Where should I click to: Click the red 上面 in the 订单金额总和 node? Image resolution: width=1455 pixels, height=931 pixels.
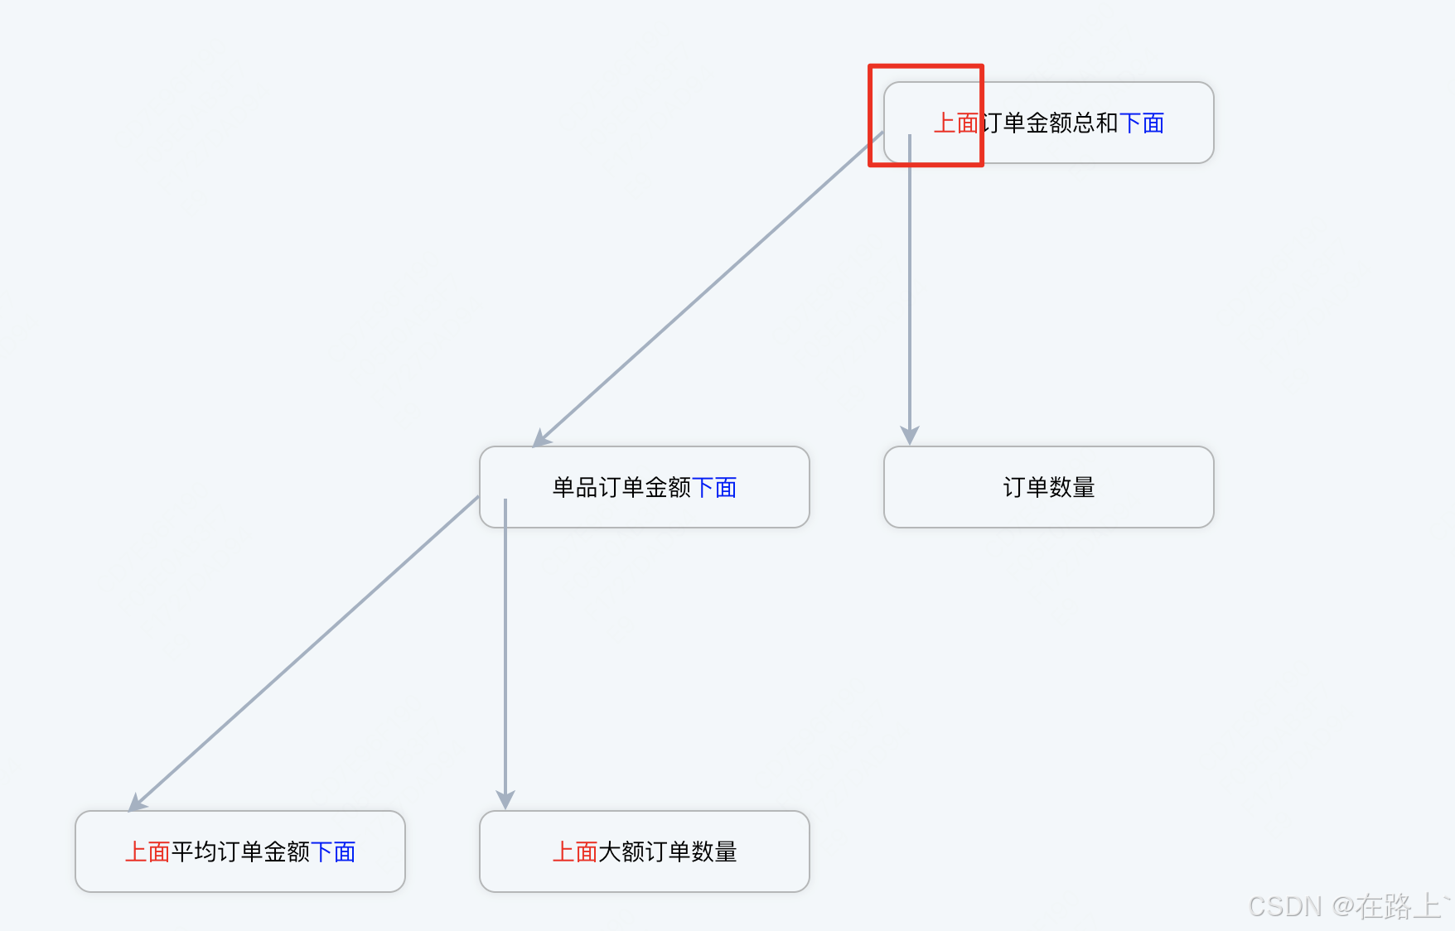[x=955, y=123]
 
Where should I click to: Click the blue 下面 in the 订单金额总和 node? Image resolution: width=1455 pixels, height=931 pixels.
[x=1141, y=123]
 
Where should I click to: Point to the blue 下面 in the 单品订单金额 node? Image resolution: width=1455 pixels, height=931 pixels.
[x=713, y=488]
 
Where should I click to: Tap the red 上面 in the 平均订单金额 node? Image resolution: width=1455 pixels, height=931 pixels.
[x=147, y=851]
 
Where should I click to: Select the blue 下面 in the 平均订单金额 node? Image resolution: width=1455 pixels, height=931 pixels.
[x=333, y=851]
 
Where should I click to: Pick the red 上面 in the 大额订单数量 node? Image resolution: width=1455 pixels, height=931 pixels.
[x=575, y=851]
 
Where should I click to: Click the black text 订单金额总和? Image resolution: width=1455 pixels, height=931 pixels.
[x=1049, y=123]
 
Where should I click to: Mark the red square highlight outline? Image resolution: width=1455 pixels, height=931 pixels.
[x=926, y=66]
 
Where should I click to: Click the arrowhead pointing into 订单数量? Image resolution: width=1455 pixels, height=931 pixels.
[x=910, y=436]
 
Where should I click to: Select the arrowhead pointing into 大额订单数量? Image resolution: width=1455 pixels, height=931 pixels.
[x=505, y=800]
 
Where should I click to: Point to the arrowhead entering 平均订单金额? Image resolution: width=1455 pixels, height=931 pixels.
[x=137, y=803]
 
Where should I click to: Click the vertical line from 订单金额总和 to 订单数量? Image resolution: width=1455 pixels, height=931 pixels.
[x=910, y=290]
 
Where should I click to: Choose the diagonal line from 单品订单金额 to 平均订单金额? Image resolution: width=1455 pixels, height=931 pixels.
[x=307, y=650]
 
